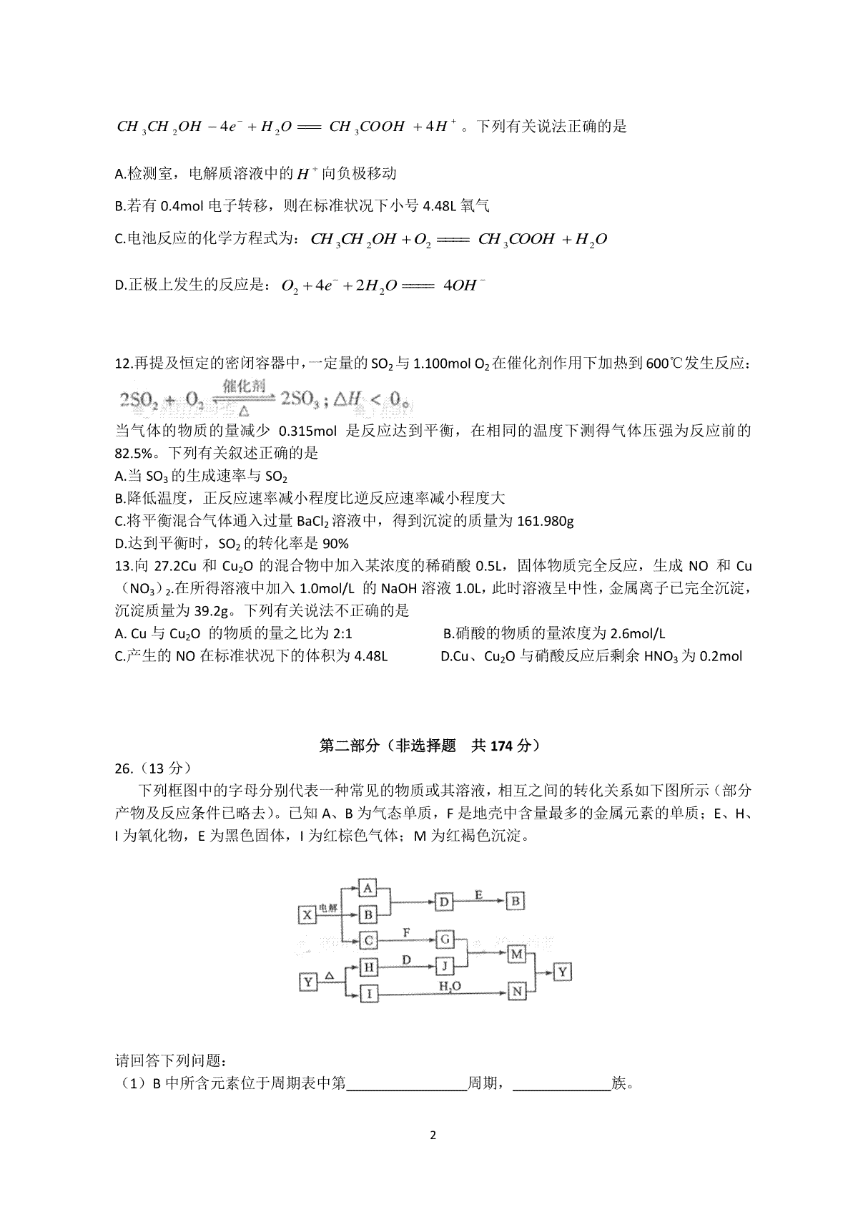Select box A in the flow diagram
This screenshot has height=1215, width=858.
point(368,889)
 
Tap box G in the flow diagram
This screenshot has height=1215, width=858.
point(445,939)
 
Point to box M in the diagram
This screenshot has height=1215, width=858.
point(516,954)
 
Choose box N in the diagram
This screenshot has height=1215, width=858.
point(516,991)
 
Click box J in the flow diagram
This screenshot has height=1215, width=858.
point(445,967)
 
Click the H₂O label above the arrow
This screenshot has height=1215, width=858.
point(450,986)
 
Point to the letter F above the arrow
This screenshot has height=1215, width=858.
point(407,932)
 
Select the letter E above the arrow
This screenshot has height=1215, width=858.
point(478,894)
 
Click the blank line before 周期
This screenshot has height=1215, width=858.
point(406,1084)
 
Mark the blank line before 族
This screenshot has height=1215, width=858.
point(561,1084)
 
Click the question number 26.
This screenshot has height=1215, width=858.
point(124,768)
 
